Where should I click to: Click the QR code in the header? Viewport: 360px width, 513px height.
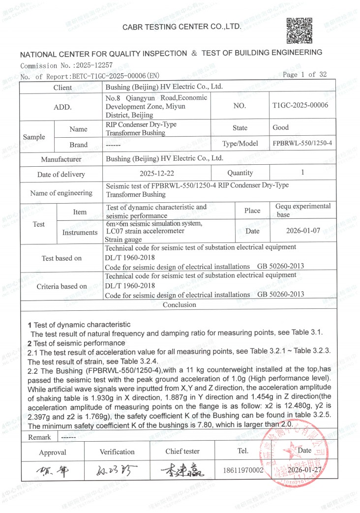tap(300, 31)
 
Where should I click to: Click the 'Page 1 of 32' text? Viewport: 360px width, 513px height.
tap(305, 75)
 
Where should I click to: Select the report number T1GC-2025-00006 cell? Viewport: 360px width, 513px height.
tap(300, 105)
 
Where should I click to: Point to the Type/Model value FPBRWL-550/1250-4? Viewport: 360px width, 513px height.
tap(302, 144)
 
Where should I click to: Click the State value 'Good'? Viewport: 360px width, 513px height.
tap(281, 127)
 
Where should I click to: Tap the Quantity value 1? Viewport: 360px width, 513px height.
tap(302, 173)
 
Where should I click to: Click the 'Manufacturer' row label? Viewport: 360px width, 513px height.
tap(61, 159)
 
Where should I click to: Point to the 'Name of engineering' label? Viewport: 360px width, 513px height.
tap(61, 193)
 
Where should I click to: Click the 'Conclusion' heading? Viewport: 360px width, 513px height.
tap(179, 305)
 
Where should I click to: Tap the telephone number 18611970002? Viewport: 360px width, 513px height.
tap(243, 471)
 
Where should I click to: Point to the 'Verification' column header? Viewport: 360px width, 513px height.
tap(117, 452)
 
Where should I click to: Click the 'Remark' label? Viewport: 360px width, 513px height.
tap(39, 437)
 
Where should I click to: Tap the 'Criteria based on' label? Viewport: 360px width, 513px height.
tap(61, 286)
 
